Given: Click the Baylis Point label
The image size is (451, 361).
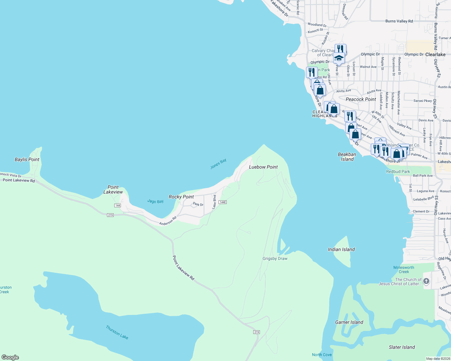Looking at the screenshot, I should (27, 159).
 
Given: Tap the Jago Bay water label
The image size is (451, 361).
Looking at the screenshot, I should (156, 201).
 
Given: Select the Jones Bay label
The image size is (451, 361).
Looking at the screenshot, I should (218, 164).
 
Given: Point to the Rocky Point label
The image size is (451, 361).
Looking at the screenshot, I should (181, 197).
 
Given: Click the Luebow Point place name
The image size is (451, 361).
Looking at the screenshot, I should (263, 167).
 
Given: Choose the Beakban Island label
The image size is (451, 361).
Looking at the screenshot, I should (347, 157).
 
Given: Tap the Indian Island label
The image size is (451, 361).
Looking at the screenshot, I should (341, 249).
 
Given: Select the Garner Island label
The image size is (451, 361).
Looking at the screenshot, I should (349, 322).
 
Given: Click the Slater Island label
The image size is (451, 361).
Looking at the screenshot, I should (402, 347).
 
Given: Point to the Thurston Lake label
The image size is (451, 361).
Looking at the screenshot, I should (117, 332).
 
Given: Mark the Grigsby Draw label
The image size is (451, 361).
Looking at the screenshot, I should (275, 258).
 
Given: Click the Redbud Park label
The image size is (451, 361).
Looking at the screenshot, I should (398, 171).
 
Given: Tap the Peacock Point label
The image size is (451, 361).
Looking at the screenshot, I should (361, 99).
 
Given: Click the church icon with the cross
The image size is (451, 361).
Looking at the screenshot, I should (426, 281).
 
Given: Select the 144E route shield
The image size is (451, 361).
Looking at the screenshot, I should (222, 202).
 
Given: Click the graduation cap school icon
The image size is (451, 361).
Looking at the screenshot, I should (339, 58).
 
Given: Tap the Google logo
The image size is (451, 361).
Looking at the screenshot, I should (10, 357).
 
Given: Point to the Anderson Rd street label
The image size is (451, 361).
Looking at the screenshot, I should (168, 221).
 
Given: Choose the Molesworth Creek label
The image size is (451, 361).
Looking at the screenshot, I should (404, 270).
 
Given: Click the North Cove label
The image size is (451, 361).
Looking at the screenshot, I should (322, 355).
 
